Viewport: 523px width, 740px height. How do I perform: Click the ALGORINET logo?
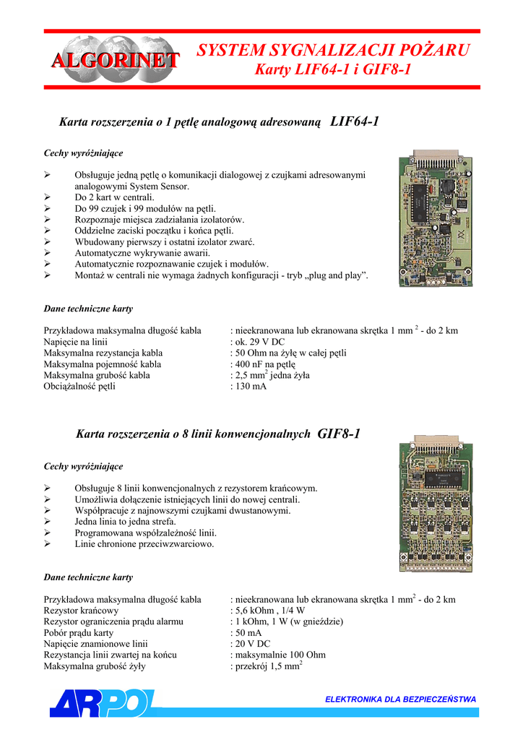114,59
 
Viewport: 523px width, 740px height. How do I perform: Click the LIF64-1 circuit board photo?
433,218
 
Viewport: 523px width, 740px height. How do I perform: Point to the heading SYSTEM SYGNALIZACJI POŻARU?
333,50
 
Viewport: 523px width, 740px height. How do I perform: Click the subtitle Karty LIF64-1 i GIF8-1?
333,70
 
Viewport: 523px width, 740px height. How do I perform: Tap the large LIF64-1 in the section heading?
354,121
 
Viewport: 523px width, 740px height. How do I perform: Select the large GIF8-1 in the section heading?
339,434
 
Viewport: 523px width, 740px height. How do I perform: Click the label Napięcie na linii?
76,342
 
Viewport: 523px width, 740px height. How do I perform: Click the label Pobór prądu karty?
79,633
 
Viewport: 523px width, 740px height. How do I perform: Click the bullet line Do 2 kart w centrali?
115,197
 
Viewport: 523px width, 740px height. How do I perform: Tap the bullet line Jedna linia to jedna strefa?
126,522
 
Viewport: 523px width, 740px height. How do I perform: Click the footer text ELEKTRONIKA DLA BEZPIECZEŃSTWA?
400,699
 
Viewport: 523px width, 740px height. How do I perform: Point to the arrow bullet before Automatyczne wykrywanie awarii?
48,253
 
